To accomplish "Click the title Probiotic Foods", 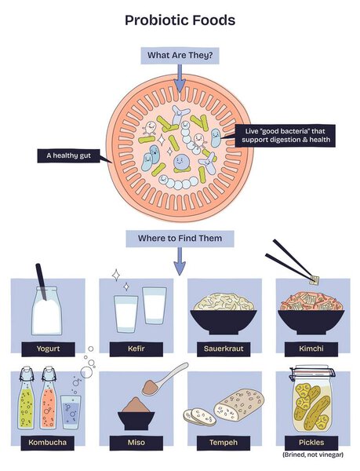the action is click(x=180, y=20).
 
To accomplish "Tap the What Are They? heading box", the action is click(x=180, y=56).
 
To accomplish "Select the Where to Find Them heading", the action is click(x=180, y=239).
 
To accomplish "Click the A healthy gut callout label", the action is click(x=68, y=156).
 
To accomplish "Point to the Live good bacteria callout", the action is click(x=285, y=136).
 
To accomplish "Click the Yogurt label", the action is click(x=49, y=349).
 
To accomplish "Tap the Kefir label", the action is click(x=136, y=349).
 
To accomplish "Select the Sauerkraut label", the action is click(x=224, y=349).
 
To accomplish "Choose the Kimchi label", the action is click(x=311, y=349).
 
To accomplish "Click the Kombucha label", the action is click(x=48, y=443).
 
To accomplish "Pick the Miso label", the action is click(x=136, y=443).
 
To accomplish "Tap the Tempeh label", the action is click(x=224, y=443).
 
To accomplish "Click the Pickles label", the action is click(x=311, y=443).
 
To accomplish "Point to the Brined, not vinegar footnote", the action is click(x=313, y=455).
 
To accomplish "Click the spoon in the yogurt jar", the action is click(x=41, y=282).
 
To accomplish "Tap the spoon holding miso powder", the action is click(x=165, y=378).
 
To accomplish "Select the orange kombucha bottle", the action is click(x=49, y=398).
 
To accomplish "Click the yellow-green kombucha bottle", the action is click(x=27, y=398).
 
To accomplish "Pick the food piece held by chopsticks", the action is click(x=315, y=280).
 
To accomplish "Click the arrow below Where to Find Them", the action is click(x=180, y=261).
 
